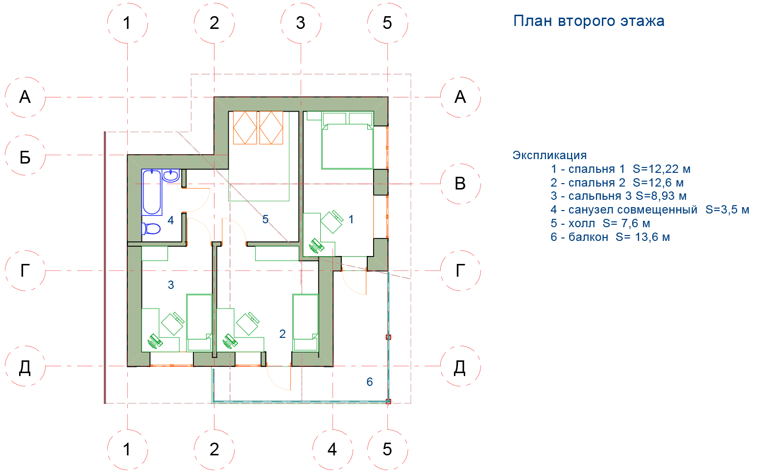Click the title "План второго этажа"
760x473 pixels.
(588, 21)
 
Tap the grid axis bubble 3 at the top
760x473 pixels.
(301, 23)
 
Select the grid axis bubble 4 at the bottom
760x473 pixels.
(332, 449)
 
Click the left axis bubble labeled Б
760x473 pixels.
(25, 155)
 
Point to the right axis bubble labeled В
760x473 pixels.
(460, 184)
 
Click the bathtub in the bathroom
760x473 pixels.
(152, 192)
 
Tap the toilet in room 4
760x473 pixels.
(151, 228)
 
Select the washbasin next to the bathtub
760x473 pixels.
(171, 176)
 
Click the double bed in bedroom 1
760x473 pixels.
(347, 146)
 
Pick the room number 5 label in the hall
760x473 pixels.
(265, 219)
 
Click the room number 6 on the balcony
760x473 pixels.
(370, 382)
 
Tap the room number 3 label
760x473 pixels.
(171, 285)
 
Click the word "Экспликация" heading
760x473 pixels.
(549, 155)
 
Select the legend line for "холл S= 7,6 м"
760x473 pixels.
(600, 224)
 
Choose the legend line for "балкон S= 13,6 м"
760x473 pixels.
(610, 237)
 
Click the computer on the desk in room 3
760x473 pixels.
(155, 341)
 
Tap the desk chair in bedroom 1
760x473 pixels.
(332, 222)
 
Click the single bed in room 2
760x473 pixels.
(306, 322)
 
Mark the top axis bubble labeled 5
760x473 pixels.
(387, 23)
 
